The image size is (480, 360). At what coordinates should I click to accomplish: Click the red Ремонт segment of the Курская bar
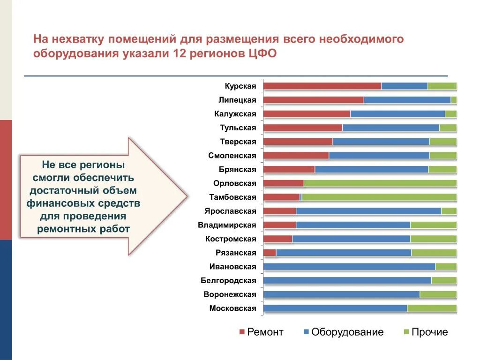[322, 86]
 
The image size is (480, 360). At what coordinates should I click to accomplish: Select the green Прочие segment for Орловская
[380, 183]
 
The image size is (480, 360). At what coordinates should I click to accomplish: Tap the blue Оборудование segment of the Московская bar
[335, 308]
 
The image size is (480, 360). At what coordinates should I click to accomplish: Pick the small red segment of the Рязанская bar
[270, 253]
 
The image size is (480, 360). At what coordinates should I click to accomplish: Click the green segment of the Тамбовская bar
[379, 197]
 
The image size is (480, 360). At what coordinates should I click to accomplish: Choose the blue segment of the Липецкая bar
[407, 100]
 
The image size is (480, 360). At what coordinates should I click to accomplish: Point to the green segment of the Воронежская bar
[438, 294]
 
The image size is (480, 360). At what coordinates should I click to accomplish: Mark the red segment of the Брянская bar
[289, 170]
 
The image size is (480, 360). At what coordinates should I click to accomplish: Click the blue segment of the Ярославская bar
[368, 211]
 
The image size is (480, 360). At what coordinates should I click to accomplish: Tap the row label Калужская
[235, 114]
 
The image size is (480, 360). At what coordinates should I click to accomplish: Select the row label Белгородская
[228, 281]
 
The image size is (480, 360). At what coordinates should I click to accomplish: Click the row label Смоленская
[232, 156]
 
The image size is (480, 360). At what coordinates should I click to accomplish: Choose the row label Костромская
[231, 239]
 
